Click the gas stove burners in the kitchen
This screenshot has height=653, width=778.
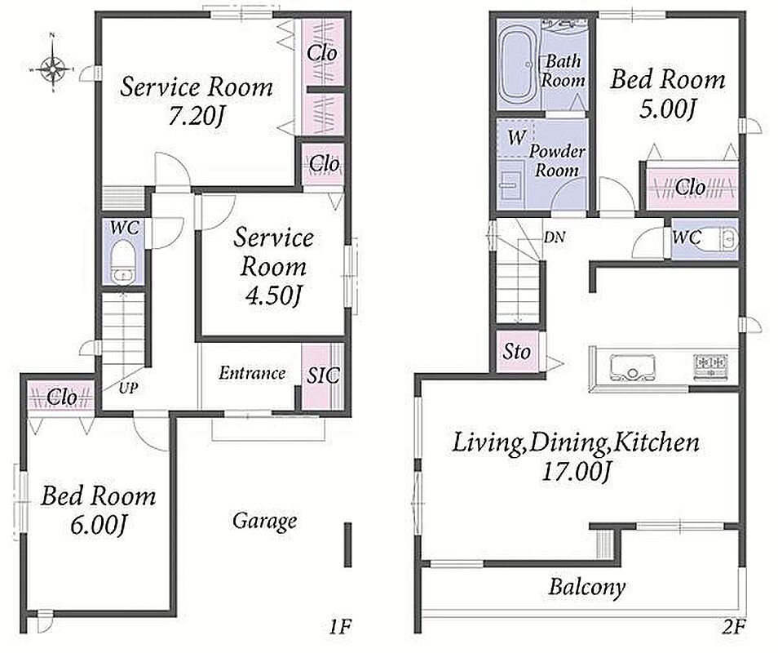tap(710, 367)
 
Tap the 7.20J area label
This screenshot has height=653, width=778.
tap(197, 118)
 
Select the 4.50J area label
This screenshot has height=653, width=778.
tap(273, 296)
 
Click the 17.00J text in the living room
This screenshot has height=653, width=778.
tap(576, 472)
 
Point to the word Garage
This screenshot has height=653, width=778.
tap(265, 522)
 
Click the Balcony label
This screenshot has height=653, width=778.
tap(586, 587)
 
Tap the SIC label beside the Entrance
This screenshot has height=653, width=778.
tap(322, 375)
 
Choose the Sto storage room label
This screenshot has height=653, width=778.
tap(516, 352)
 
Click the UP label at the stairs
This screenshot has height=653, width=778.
tap(129, 388)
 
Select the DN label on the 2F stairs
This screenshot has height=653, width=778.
tap(555, 238)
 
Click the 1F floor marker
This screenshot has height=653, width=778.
tap(340, 627)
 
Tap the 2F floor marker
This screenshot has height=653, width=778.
tap(733, 627)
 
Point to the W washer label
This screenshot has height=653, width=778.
tap(516, 137)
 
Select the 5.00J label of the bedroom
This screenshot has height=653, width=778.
tap(667, 109)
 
